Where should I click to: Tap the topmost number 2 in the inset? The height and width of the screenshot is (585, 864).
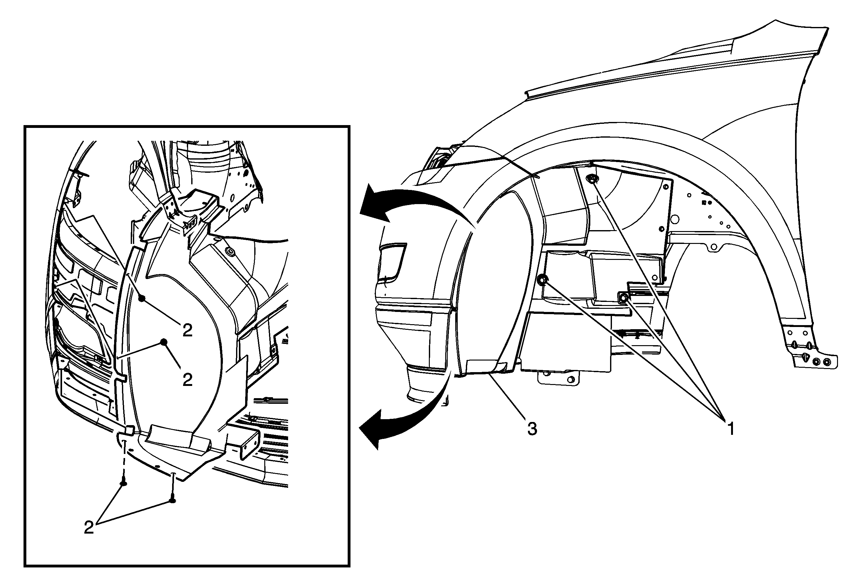tap(187, 330)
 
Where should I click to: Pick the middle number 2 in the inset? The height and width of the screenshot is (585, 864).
tap(187, 379)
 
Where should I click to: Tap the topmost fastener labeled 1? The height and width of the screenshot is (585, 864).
tap(592, 180)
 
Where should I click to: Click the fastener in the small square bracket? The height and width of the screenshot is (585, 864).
tap(624, 297)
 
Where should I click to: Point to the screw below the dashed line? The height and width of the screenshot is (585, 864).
tap(124, 483)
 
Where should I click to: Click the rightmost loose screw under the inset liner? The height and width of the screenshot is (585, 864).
tap(172, 500)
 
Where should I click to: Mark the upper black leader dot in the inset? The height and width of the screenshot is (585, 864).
tap(141, 298)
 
